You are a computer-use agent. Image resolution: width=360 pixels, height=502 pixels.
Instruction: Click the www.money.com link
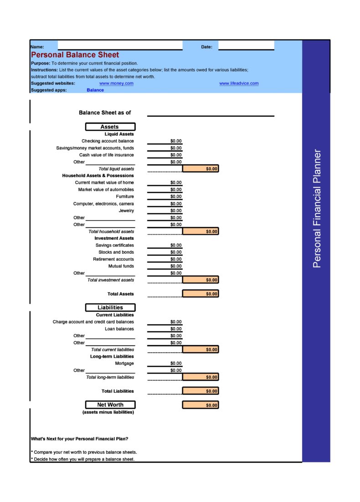[116, 83]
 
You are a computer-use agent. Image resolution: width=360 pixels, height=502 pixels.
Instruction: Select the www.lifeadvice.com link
[239, 83]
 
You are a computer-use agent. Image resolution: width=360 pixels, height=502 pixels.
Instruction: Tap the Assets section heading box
[110, 127]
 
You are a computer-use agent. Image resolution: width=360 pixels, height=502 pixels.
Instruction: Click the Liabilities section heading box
[110, 307]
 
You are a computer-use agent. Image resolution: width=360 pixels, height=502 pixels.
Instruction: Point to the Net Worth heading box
[110, 405]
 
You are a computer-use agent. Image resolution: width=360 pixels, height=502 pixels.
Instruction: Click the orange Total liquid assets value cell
[201, 169]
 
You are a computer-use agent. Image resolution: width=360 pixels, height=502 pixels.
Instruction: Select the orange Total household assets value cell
[201, 231]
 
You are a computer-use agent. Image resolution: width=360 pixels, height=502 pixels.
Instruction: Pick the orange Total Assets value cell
[201, 294]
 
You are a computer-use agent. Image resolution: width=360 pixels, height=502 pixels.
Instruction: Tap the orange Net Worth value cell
[201, 405]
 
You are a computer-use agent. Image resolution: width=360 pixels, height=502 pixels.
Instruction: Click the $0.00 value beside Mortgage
[176, 364]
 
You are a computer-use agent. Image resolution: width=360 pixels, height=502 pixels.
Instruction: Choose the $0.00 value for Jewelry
[176, 210]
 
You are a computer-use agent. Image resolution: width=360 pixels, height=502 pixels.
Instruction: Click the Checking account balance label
[108, 141]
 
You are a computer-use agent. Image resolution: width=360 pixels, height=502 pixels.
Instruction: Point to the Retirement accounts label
[113, 259]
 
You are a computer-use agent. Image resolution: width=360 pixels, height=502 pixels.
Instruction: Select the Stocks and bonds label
[116, 252]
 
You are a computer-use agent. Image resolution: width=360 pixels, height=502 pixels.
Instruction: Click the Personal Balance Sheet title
[75, 55]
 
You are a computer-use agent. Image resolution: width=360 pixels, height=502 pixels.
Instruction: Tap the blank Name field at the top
[120, 46]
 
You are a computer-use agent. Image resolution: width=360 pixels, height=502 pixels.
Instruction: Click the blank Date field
[246, 46]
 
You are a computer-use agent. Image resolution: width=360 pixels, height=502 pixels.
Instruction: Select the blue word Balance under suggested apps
[95, 90]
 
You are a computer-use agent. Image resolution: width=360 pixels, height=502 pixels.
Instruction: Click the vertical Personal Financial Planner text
[317, 208]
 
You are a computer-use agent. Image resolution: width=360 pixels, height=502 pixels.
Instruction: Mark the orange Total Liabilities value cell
[201, 391]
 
